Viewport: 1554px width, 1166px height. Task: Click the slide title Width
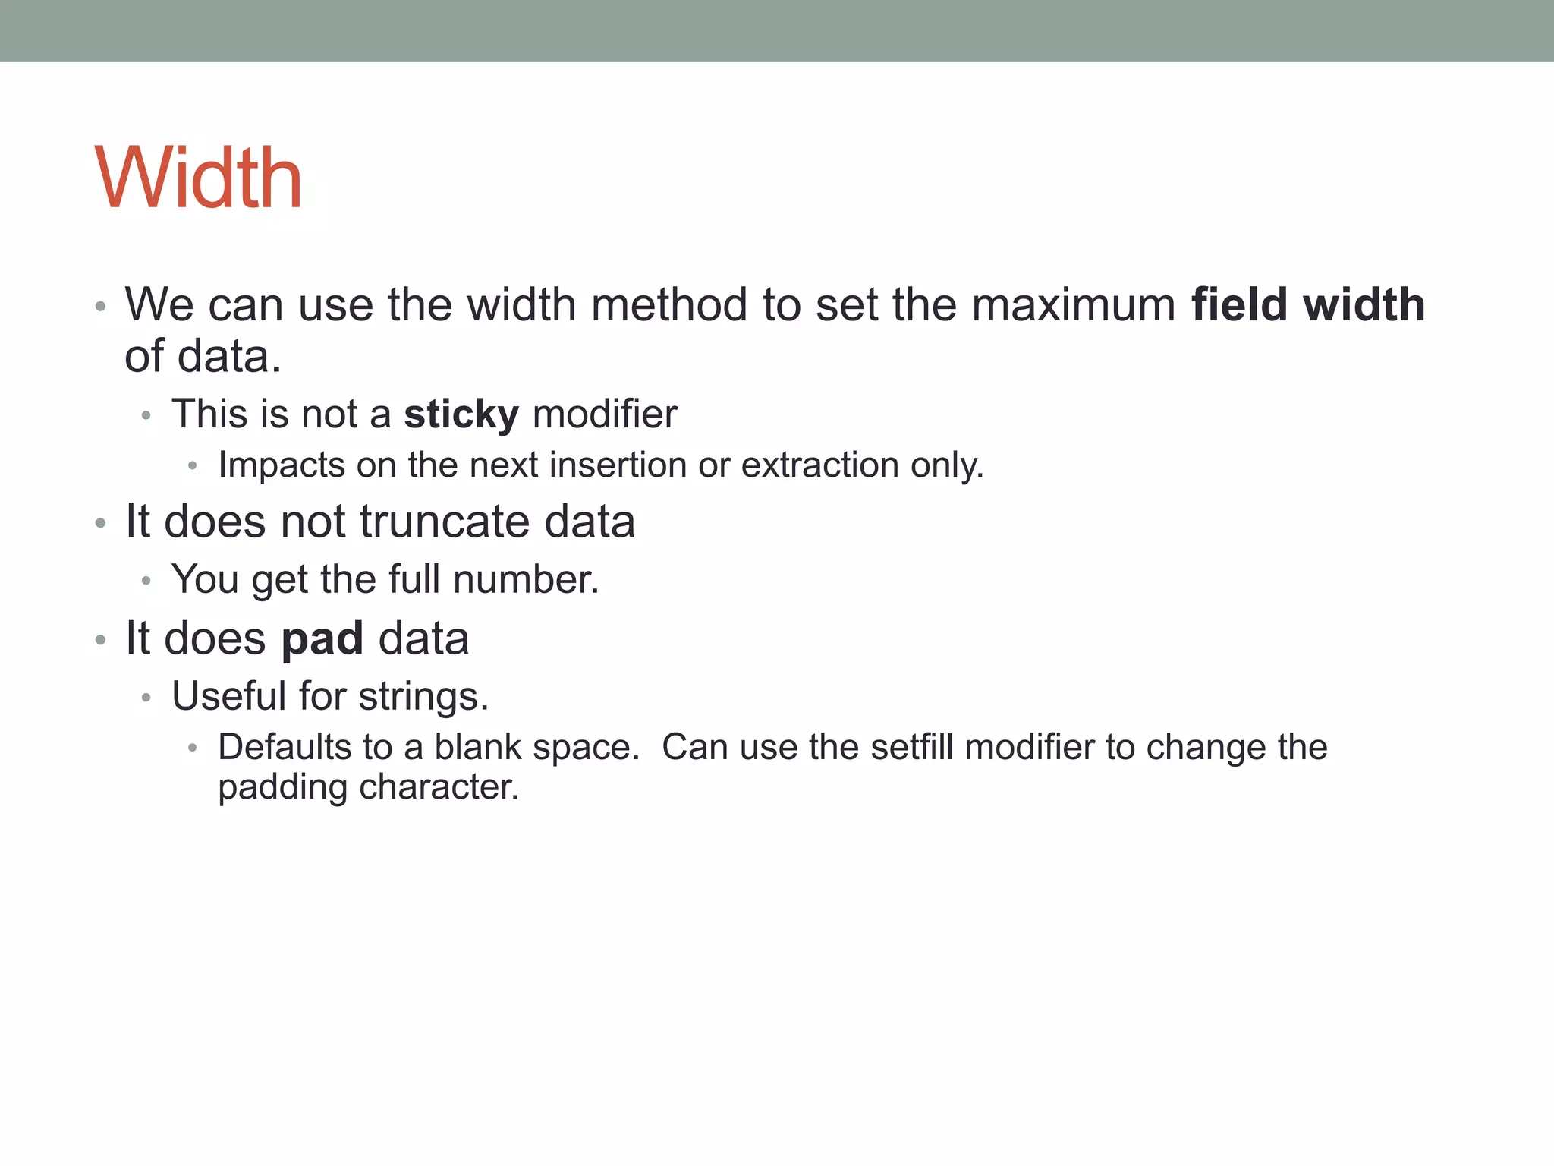point(199,178)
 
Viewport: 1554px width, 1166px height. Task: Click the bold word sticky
point(461,414)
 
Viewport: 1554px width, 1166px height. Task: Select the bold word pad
point(322,638)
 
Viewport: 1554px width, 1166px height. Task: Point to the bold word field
point(1239,305)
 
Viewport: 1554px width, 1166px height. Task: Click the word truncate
point(444,522)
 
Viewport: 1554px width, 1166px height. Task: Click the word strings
point(423,697)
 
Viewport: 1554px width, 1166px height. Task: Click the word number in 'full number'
point(526,580)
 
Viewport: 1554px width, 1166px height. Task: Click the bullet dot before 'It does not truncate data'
point(100,523)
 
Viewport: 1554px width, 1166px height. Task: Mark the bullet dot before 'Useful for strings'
point(146,698)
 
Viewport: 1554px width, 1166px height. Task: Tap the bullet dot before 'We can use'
point(100,307)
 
